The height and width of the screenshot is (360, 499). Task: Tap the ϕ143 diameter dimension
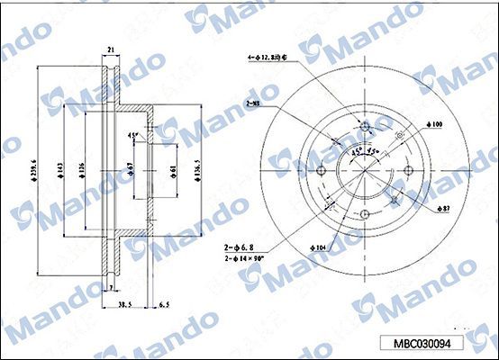coord(61,167)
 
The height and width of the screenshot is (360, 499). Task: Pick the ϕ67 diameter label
coord(131,168)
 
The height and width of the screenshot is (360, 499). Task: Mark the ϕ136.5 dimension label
coord(196,168)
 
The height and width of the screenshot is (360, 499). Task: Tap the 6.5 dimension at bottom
coord(163,304)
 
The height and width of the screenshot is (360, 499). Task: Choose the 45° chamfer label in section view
coord(133,136)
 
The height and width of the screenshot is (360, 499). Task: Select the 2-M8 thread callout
coord(255,105)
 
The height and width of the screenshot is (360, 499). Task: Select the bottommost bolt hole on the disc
coord(365,213)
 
